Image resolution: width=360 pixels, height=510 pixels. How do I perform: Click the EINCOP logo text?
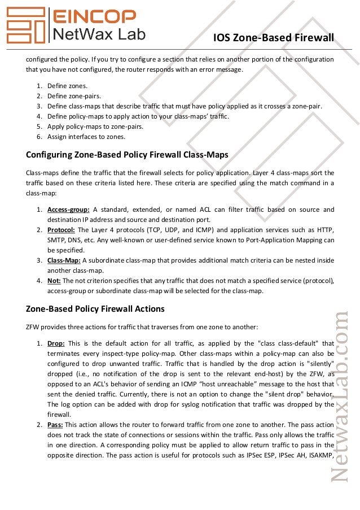(x=94, y=16)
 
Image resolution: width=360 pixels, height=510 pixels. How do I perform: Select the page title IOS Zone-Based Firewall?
(x=274, y=38)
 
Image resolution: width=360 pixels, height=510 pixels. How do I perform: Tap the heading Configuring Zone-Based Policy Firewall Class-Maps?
(x=127, y=154)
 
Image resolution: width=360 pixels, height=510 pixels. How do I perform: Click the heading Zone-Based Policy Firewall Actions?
(x=95, y=309)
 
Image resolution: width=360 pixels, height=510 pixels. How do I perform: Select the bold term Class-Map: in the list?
(x=64, y=260)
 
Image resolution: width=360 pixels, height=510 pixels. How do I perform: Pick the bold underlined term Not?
(x=54, y=281)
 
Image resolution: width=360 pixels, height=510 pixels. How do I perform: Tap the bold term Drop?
(x=56, y=343)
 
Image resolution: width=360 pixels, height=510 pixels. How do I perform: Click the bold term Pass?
(x=55, y=424)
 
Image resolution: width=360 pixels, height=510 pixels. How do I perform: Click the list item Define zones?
(x=67, y=86)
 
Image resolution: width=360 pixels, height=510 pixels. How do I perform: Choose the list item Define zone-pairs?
(x=74, y=96)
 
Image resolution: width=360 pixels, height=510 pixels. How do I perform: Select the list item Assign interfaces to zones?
(x=86, y=137)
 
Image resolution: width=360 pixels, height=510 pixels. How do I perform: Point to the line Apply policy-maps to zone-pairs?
(x=95, y=127)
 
